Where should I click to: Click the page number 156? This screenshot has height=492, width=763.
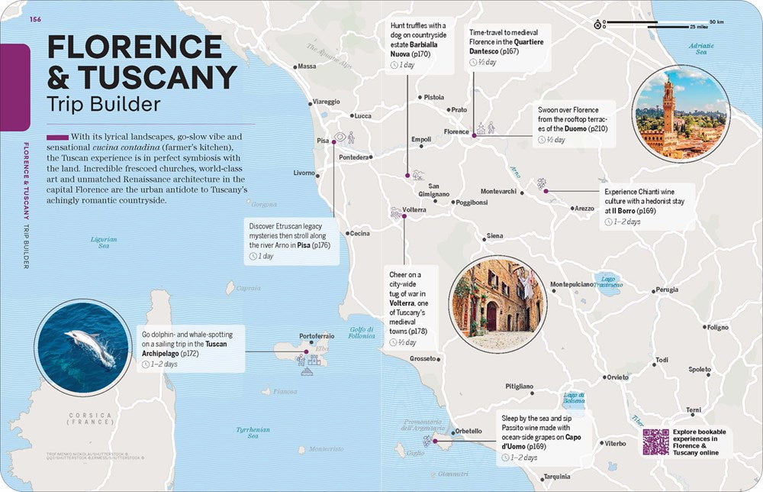point(35,19)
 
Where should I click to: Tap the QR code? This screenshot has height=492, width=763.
point(655,442)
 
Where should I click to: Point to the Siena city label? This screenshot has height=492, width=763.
point(495,236)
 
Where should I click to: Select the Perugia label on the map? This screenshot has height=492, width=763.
point(666,290)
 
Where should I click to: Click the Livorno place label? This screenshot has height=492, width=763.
point(304,173)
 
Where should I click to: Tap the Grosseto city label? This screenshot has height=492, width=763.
point(423,358)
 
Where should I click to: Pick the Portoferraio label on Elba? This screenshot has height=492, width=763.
point(317,336)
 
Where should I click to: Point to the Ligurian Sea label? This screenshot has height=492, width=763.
point(104,243)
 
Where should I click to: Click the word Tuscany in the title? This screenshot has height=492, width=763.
point(165,77)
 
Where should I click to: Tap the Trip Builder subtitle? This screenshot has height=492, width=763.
point(105,104)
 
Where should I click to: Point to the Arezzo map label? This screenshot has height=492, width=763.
point(584,209)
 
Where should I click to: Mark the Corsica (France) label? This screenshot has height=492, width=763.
point(90,419)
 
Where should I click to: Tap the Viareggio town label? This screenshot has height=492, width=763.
point(327,101)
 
